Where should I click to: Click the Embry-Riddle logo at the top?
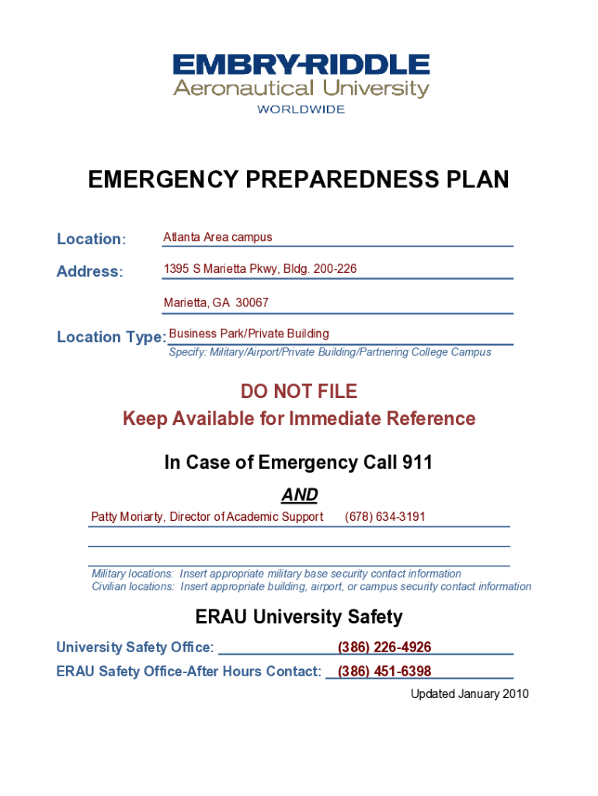[x=301, y=76]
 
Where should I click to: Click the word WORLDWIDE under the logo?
[x=301, y=110]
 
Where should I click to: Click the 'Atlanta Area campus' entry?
[x=217, y=237]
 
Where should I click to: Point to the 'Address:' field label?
[x=89, y=272]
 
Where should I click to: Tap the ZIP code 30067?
[x=252, y=302]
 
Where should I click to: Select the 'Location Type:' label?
[x=111, y=337]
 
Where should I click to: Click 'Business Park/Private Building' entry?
[x=249, y=333]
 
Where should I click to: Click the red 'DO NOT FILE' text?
[x=299, y=391]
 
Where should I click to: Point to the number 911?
[x=417, y=463]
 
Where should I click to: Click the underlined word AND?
[x=299, y=495]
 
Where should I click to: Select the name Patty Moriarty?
[x=127, y=517]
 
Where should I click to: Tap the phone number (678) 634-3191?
[x=384, y=517]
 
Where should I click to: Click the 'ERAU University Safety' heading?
[x=299, y=618]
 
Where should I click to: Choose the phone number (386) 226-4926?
[x=384, y=648]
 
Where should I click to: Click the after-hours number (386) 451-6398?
[x=384, y=672]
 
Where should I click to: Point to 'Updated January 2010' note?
[x=469, y=694]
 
